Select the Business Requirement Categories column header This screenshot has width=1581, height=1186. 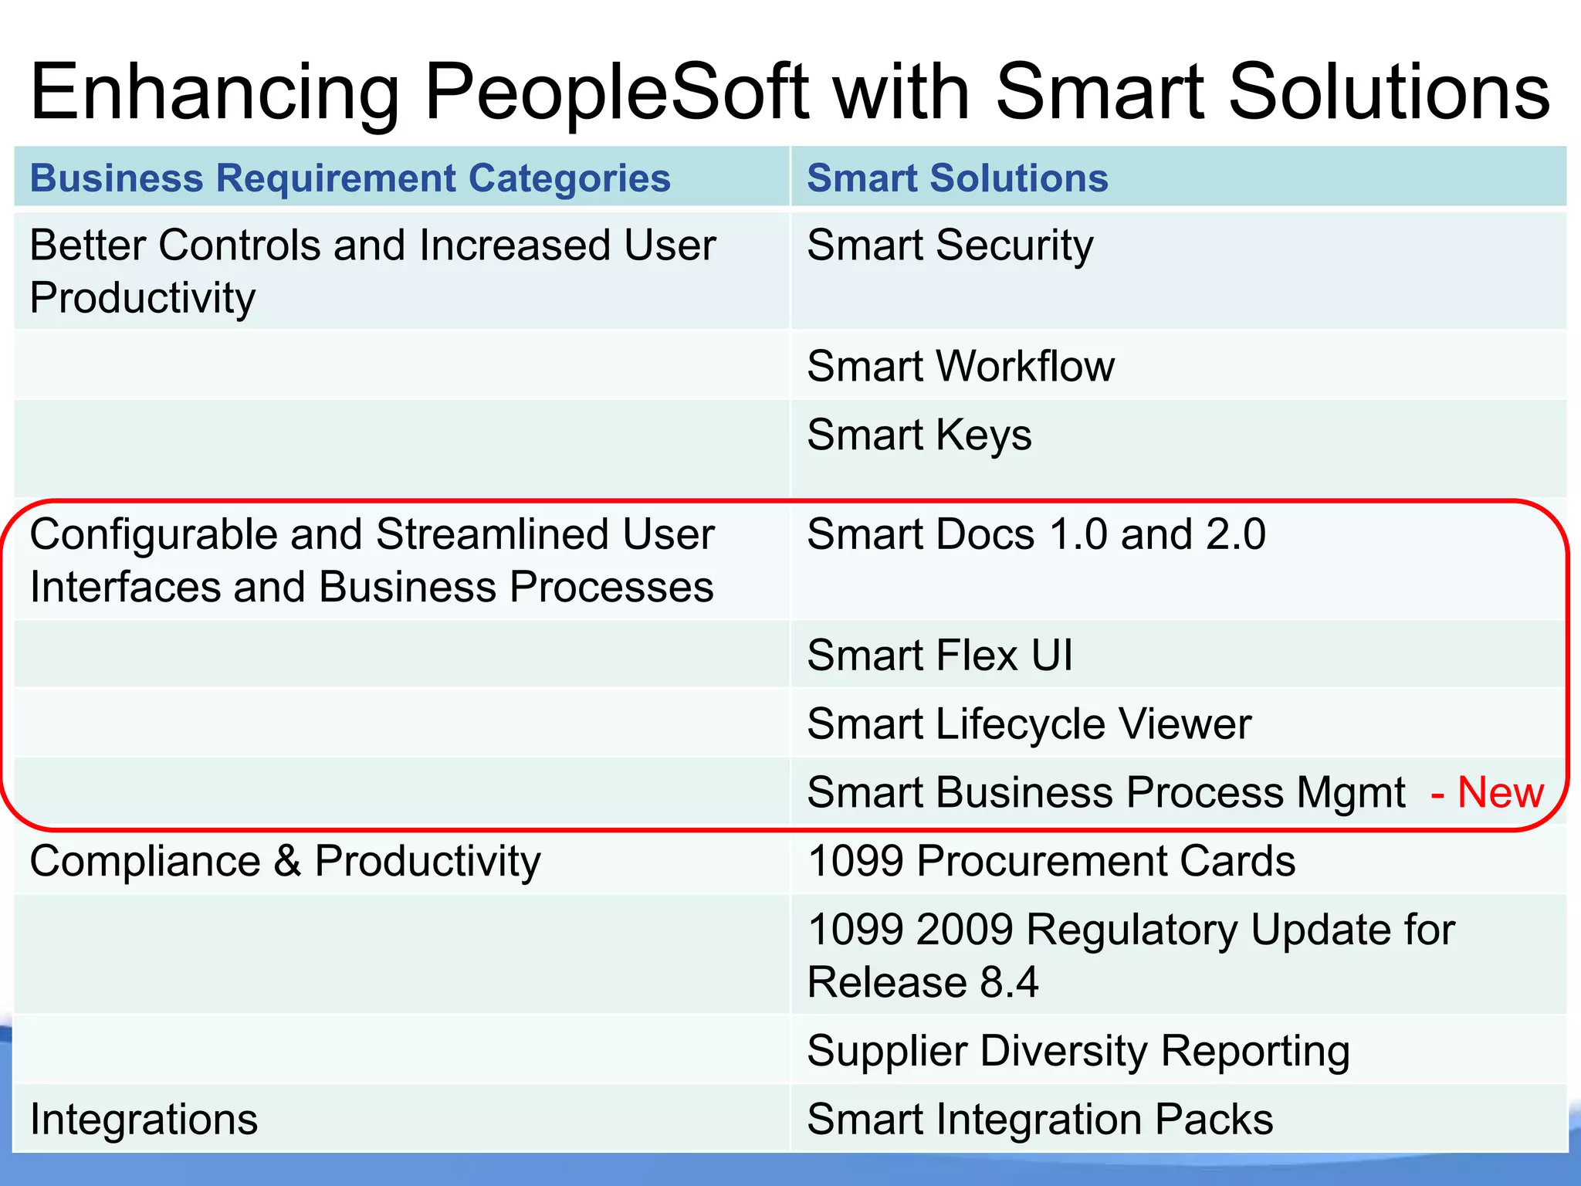point(350,178)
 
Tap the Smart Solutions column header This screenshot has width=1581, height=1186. point(957,178)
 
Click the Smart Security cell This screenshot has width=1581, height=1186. point(950,246)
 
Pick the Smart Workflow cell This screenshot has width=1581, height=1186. point(960,366)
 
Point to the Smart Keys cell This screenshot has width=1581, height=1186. point(919,435)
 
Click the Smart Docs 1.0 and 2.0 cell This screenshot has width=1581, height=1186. point(1036,534)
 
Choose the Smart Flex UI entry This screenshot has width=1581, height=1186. point(939,656)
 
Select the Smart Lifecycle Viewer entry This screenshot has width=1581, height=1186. point(1028,724)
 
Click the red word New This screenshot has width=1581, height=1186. point(1500,793)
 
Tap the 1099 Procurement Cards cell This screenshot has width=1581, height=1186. point(1051,861)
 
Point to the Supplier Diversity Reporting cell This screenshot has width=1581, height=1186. point(1078,1051)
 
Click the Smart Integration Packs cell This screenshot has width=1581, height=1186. point(1040,1120)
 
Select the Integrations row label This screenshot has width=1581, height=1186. point(144,1120)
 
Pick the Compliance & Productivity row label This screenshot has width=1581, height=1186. point(285,861)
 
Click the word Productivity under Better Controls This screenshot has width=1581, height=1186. point(142,298)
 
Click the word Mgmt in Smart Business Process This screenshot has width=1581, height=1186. point(1351,793)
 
